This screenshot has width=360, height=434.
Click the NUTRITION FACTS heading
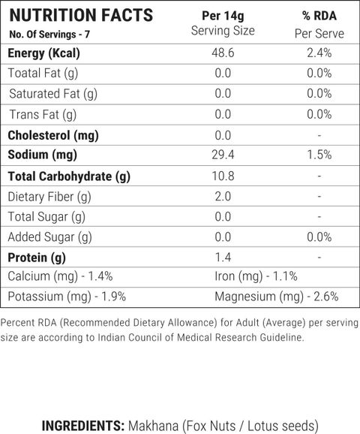(81, 15)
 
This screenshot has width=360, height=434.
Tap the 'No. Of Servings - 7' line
(49, 35)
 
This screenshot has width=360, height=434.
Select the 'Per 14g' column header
(223, 16)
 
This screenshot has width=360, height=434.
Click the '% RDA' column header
(319, 16)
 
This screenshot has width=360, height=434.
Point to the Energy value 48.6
(223, 53)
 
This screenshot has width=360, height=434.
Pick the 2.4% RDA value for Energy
(319, 53)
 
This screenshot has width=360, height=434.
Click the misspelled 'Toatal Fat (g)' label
(43, 74)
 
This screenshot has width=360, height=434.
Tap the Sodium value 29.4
(223, 155)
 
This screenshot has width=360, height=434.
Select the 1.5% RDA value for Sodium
(319, 155)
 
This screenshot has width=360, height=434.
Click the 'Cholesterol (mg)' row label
(53, 136)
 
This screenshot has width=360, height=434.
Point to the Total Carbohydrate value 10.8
(223, 176)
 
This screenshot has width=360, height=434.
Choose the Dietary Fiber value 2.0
(223, 197)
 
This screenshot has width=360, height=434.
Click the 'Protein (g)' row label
(37, 258)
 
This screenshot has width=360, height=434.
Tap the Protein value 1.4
(223, 258)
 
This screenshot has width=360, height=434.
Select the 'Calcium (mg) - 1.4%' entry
(60, 276)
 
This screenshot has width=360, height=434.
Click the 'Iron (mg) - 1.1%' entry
(256, 276)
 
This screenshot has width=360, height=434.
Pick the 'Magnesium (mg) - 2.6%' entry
(277, 297)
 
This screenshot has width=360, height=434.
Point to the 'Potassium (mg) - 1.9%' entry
(67, 297)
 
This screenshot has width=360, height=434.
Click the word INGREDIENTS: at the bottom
(83, 426)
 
